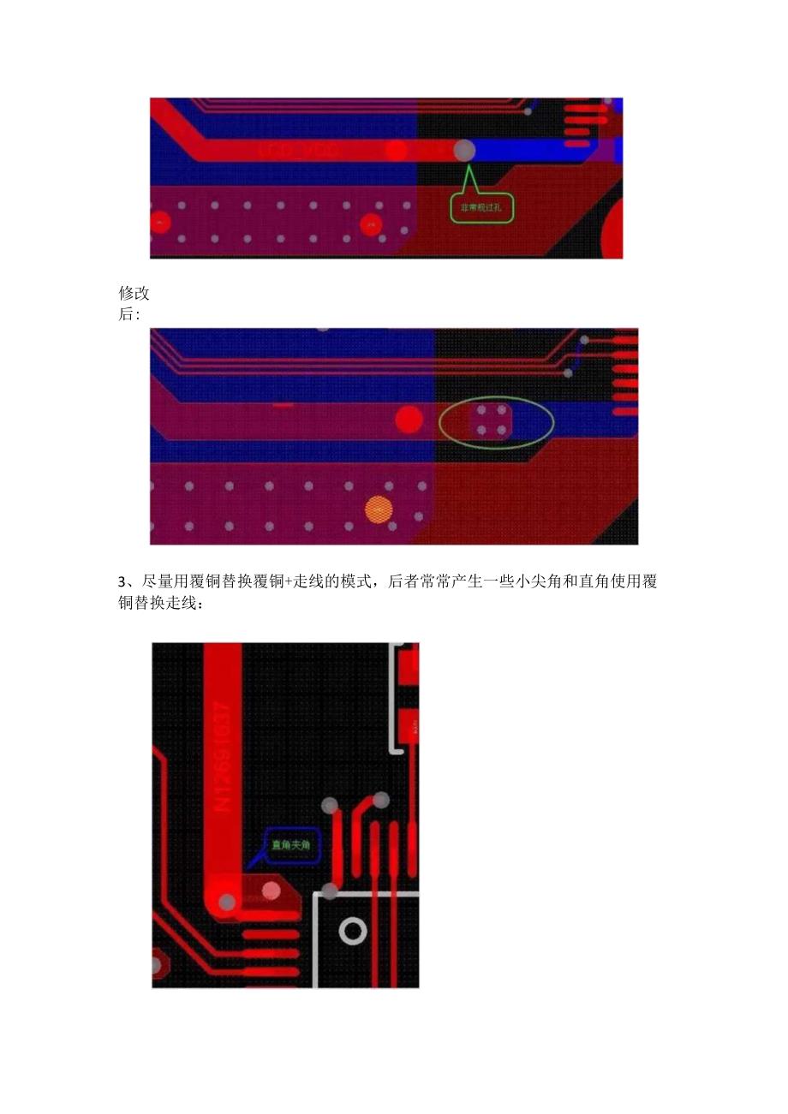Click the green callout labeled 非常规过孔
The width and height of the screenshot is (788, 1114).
pyautogui.click(x=482, y=206)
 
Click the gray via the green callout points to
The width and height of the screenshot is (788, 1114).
pyautogui.click(x=463, y=150)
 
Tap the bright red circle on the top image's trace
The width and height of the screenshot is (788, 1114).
pyautogui.click(x=396, y=151)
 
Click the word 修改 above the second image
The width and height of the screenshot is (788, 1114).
pyautogui.click(x=134, y=294)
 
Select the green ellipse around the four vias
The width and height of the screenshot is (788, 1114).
pyautogui.click(x=497, y=420)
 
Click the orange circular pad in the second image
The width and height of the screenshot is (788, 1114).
pyautogui.click(x=378, y=509)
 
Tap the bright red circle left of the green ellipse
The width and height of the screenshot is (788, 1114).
pyautogui.click(x=409, y=420)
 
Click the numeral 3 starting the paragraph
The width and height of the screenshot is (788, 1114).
pyautogui.click(x=121, y=583)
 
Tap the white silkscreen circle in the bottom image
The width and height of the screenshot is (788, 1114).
pyautogui.click(x=353, y=931)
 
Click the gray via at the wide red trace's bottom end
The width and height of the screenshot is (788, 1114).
pyautogui.click(x=227, y=903)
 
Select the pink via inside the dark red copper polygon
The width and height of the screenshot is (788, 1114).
pyautogui.click(x=272, y=891)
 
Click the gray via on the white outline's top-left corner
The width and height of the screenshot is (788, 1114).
pyautogui.click(x=330, y=891)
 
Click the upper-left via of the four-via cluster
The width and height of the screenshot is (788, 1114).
pyautogui.click(x=481, y=411)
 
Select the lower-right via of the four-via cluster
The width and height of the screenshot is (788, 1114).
pyautogui.click(x=502, y=431)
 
